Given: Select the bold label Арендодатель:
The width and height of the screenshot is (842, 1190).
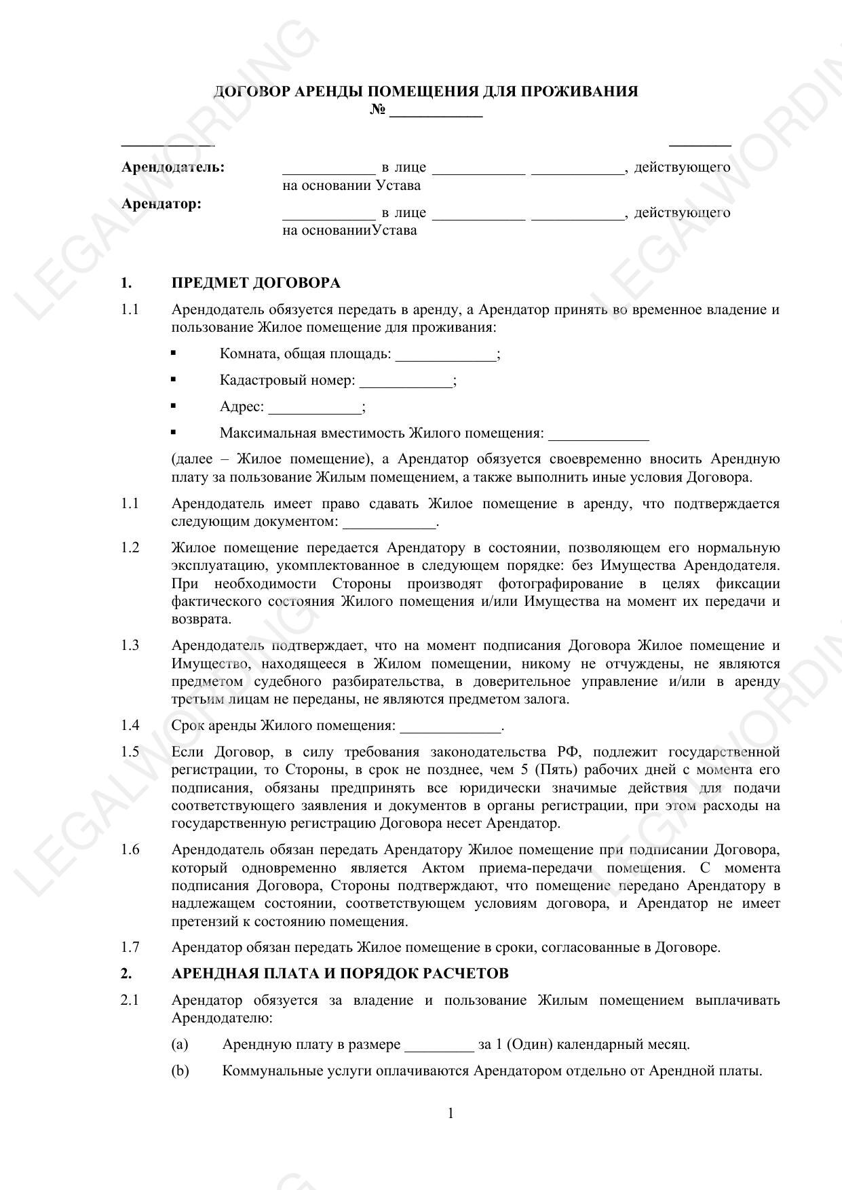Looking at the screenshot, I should tap(173, 167).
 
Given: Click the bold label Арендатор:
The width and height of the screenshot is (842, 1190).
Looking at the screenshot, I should tap(161, 204).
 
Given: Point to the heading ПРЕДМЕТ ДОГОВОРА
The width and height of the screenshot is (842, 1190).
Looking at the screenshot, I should tap(256, 282).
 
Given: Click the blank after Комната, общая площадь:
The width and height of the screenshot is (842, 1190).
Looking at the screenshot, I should tap(446, 356).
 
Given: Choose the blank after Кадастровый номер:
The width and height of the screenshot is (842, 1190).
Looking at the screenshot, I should tap(406, 382).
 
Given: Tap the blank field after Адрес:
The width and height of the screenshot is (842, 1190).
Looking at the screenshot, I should tap(315, 408).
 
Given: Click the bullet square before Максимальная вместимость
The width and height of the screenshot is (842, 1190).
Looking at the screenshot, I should tap(174, 431).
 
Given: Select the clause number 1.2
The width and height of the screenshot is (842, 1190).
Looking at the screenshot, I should tap(130, 548).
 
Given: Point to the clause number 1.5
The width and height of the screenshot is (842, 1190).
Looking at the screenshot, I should tap(130, 752).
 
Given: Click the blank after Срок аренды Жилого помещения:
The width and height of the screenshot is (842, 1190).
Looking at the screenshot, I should tap(451, 727).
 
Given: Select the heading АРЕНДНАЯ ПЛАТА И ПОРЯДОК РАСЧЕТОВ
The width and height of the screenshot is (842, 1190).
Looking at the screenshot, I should tap(340, 974).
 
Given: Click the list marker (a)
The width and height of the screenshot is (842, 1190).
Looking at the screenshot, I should tap(180, 1044).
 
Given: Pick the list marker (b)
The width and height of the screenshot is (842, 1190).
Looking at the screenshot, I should tap(180, 1071).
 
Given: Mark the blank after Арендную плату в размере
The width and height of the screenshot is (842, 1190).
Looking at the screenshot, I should tap(439, 1046).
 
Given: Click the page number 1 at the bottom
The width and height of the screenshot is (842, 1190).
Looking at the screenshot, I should tap(451, 1113).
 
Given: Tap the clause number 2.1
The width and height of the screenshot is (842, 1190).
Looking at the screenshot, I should tap(130, 1000).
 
